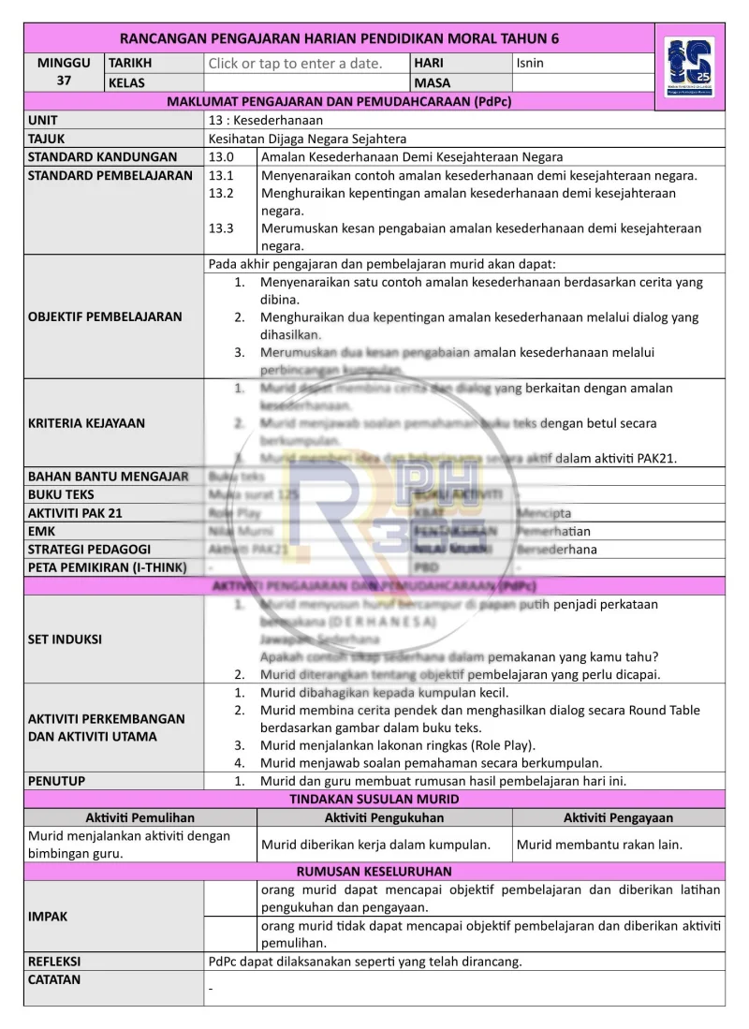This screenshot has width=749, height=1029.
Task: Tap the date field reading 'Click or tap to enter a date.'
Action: tap(295, 64)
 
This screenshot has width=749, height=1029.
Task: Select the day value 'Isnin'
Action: tap(530, 64)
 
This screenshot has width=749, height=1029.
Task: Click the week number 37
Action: tap(64, 81)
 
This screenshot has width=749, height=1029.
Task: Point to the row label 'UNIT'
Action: tap(42, 120)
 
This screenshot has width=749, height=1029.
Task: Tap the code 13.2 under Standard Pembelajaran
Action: tap(221, 193)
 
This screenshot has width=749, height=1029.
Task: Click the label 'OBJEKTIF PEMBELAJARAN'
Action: tap(105, 316)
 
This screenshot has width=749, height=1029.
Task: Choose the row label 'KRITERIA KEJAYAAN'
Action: tap(86, 423)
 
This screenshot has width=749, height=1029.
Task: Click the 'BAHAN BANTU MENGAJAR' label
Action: tap(108, 477)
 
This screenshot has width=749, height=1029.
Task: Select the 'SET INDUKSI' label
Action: tap(65, 639)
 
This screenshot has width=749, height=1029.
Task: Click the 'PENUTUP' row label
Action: tap(56, 781)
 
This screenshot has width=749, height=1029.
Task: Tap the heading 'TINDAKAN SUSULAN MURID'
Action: tap(374, 799)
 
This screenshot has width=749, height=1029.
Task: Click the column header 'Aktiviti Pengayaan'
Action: tap(618, 817)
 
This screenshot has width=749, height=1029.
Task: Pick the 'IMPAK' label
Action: tap(48, 917)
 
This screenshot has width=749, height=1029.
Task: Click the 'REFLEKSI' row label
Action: tap(54, 962)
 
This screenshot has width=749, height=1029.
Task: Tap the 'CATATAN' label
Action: tap(54, 980)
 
